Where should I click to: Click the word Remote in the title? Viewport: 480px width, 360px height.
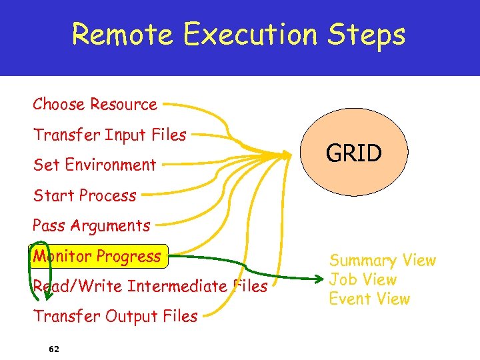pyautogui.click(x=123, y=35)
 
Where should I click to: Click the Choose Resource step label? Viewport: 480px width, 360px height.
pyautogui.click(x=95, y=105)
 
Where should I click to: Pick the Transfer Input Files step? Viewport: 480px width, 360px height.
pyautogui.click(x=110, y=135)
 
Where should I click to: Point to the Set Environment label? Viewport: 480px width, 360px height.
pyautogui.click(x=95, y=165)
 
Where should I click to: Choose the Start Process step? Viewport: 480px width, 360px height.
pyautogui.click(x=85, y=196)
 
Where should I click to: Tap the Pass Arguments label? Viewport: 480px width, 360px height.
pyautogui.click(x=92, y=226)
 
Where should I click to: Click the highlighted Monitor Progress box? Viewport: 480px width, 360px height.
pyautogui.click(x=98, y=256)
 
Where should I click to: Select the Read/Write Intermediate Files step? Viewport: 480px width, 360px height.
pyautogui.click(x=150, y=287)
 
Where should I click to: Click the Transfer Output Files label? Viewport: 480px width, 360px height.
pyautogui.click(x=115, y=317)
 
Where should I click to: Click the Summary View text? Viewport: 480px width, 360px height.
pyautogui.click(x=383, y=261)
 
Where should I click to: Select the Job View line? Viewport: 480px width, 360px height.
pyautogui.click(x=363, y=280)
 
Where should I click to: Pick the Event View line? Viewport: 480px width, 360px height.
pyautogui.click(x=370, y=299)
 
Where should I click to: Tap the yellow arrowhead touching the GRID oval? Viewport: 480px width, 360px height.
pyautogui.click(x=286, y=155)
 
